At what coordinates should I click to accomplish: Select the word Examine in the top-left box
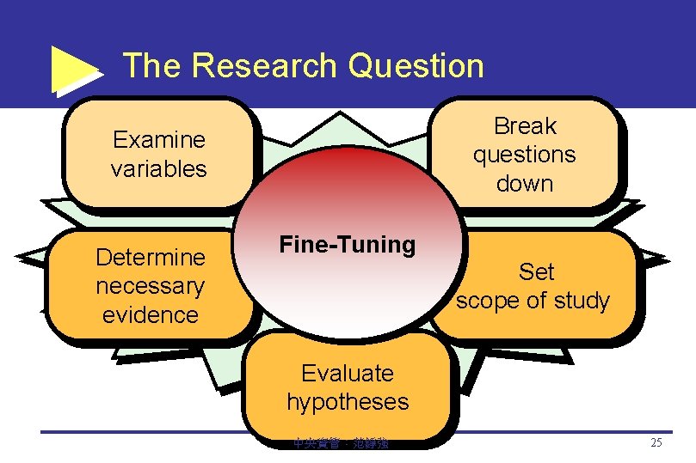[x=159, y=139]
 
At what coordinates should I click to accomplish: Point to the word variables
[x=159, y=168]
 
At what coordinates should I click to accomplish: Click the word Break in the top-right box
[x=525, y=126]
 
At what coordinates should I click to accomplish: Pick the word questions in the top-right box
[x=525, y=155]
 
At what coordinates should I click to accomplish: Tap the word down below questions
[x=525, y=183]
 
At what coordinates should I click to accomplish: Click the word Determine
[x=151, y=257]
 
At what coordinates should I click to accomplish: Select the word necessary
[x=151, y=285]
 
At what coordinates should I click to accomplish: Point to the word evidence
[x=151, y=314]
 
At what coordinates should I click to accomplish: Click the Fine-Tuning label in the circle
[x=347, y=245]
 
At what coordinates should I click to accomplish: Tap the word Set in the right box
[x=536, y=272]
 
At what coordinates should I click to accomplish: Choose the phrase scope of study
[x=533, y=301]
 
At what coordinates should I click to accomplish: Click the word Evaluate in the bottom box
[x=348, y=373]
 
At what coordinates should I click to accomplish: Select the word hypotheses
[x=348, y=401]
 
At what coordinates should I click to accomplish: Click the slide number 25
[x=656, y=443]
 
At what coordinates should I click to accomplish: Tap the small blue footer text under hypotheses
[x=341, y=444]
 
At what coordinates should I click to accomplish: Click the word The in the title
[x=151, y=65]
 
